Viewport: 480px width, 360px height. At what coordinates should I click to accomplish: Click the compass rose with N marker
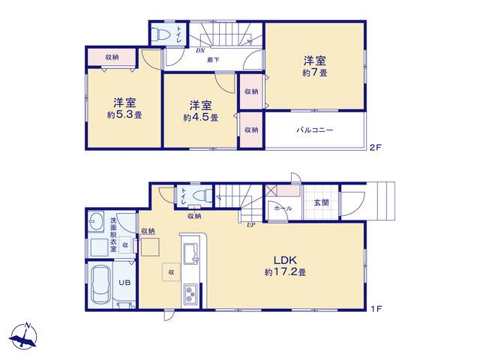pos(23,336)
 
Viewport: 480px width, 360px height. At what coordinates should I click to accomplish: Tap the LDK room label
pos(285,260)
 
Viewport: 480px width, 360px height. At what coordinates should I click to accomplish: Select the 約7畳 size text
pos(315,73)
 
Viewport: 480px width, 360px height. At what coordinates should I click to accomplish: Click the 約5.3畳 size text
pos(124,115)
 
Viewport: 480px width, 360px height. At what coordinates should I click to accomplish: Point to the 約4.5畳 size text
pos(200,118)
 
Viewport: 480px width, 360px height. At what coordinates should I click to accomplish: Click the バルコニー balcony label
pos(314,130)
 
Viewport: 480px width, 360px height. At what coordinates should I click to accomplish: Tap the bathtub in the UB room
pos(100,284)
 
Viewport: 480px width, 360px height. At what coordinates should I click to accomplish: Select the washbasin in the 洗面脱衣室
pos(95,219)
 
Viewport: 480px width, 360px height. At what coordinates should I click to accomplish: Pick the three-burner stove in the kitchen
pos(190,294)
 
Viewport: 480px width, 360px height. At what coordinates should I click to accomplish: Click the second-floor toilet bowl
pos(161,34)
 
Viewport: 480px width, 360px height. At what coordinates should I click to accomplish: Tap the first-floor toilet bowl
pos(203,195)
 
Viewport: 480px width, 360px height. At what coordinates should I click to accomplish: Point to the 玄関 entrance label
pos(321,202)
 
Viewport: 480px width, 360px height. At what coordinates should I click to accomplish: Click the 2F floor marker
pos(376,148)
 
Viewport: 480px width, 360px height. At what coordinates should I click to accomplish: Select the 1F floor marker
pos(376,309)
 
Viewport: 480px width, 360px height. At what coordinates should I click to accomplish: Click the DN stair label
pos(200,51)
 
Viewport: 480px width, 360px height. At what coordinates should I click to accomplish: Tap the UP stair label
pos(251,225)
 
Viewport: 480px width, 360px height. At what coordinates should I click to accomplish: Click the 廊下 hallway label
pos(213,60)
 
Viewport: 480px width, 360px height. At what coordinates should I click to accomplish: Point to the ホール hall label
pos(283,208)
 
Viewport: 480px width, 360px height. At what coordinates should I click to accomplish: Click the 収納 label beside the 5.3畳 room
pos(112,57)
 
